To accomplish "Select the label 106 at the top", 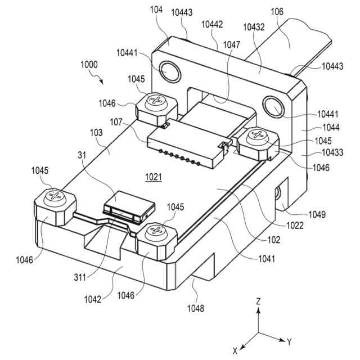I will click(x=277, y=11).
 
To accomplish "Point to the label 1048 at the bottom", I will click(x=195, y=308).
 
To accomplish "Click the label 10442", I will click(x=211, y=24).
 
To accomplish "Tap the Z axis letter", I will click(x=258, y=301).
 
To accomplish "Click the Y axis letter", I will click(x=289, y=341).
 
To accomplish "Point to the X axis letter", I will click(x=235, y=351).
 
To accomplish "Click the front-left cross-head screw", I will click(x=55, y=196).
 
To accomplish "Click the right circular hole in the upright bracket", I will click(x=274, y=106).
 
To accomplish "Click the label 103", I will click(x=96, y=133).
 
